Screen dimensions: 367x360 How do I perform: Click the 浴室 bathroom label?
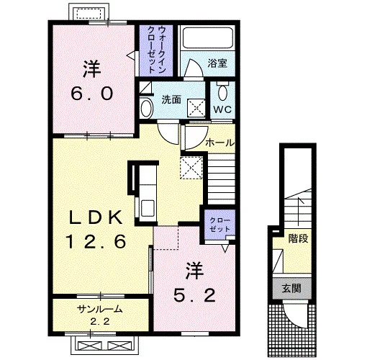217,63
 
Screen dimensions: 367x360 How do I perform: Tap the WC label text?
222,109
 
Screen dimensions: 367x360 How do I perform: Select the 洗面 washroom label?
171,99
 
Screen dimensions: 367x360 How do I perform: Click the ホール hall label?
219,143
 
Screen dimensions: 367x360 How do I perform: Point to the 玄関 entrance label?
291,288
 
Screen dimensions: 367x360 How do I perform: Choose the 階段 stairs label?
298,238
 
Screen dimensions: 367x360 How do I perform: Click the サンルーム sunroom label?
99,310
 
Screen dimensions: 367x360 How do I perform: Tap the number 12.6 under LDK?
96,241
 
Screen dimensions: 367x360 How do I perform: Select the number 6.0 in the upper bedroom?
92,94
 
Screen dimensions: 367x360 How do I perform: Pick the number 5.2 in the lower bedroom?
194,295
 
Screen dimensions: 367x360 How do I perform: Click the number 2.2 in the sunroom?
100,321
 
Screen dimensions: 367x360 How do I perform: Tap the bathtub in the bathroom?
208,37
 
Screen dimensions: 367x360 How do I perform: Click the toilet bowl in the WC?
222,93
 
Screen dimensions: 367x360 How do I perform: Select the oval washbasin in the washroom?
147,109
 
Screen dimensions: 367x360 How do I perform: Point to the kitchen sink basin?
148,208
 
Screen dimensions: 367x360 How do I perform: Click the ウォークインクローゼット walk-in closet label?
157,50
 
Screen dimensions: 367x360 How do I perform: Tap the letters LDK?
96,218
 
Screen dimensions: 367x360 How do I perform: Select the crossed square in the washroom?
196,108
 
